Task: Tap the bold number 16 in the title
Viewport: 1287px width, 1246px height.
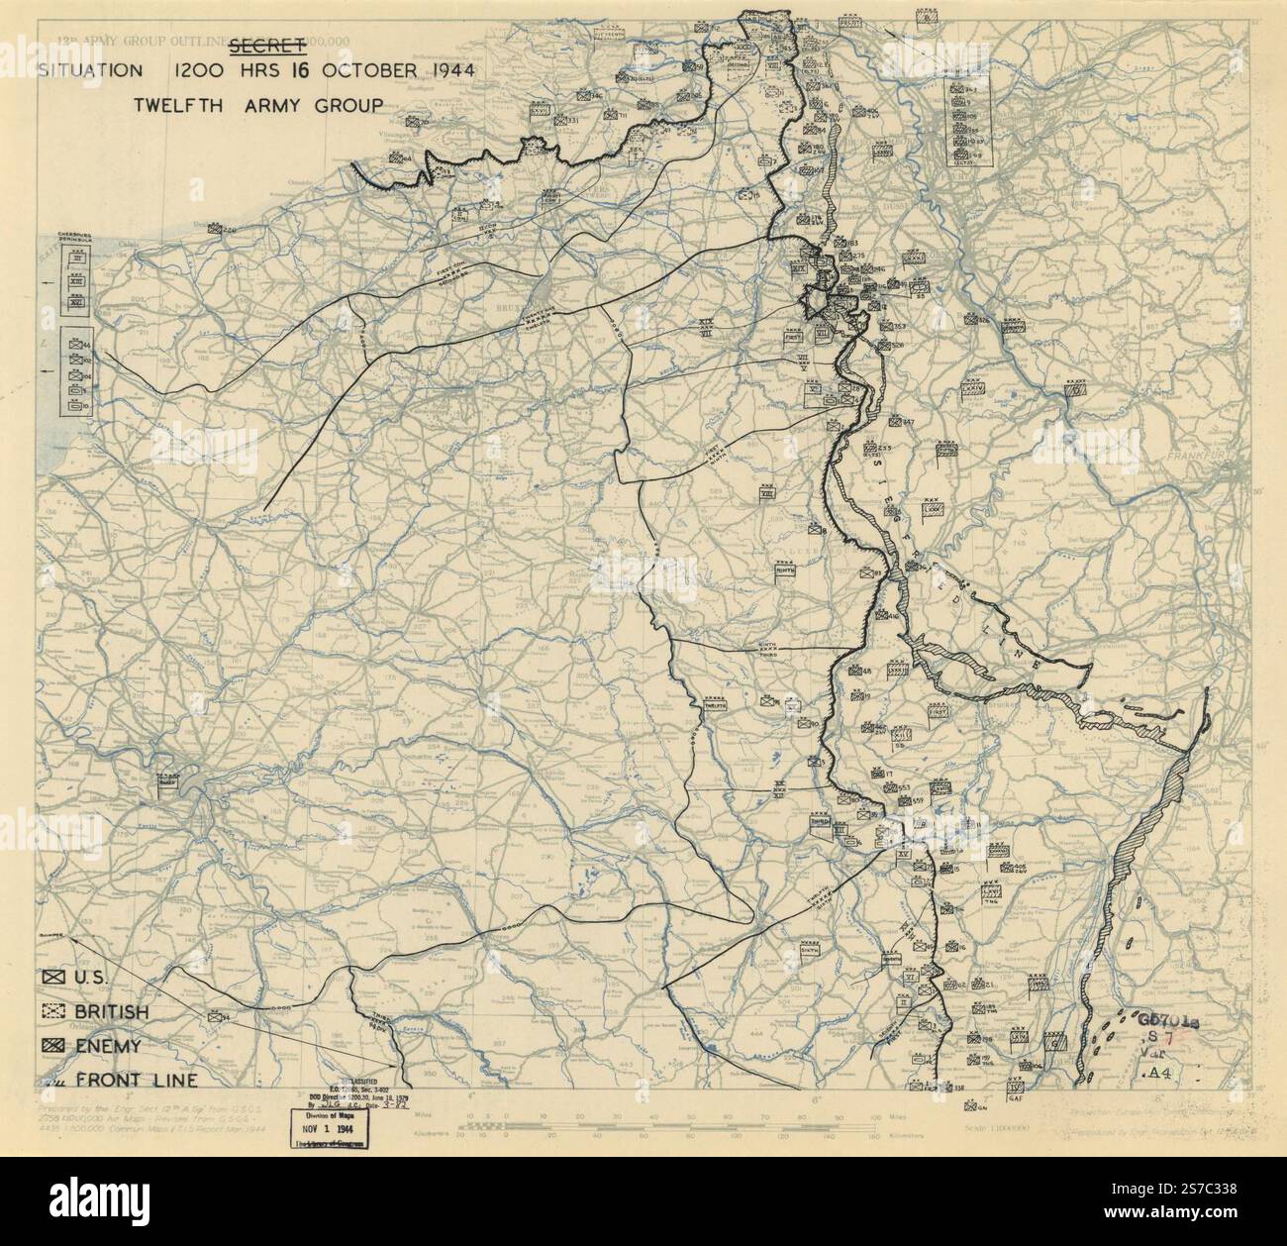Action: (327, 70)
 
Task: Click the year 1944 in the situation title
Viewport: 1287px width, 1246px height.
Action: (443, 70)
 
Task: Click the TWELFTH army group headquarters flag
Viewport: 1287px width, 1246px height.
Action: (715, 705)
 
